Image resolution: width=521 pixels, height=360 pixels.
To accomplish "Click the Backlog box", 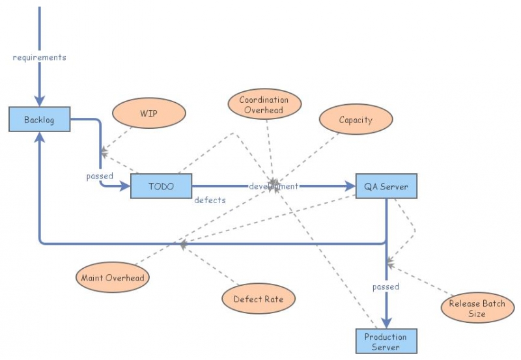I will point(39,120).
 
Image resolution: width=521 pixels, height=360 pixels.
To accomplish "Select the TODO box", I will point(161,186).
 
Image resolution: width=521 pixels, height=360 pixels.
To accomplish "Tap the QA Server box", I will point(386,187).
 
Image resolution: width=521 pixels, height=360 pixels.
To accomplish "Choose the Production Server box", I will point(386,341).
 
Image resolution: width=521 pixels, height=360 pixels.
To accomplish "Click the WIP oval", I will point(148,113).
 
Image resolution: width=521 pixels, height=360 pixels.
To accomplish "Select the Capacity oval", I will point(356,120).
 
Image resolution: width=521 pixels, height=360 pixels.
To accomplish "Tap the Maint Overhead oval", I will point(112,278).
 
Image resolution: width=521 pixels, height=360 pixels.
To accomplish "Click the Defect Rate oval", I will point(259,299).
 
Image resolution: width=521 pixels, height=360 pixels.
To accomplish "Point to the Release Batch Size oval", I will point(477,309).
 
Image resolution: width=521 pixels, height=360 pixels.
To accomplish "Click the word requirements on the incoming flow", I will point(40,57).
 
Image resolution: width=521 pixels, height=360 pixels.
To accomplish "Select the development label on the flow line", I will point(274,186).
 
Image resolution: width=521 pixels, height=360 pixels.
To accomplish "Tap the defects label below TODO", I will point(210,201).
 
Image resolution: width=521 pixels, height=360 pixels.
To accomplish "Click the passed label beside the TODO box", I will point(100,176).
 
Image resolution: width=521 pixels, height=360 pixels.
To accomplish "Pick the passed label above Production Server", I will point(386,286).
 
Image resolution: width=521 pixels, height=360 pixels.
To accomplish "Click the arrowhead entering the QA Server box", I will point(350,186).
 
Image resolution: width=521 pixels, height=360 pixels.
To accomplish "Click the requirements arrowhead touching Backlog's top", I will point(40,100).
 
